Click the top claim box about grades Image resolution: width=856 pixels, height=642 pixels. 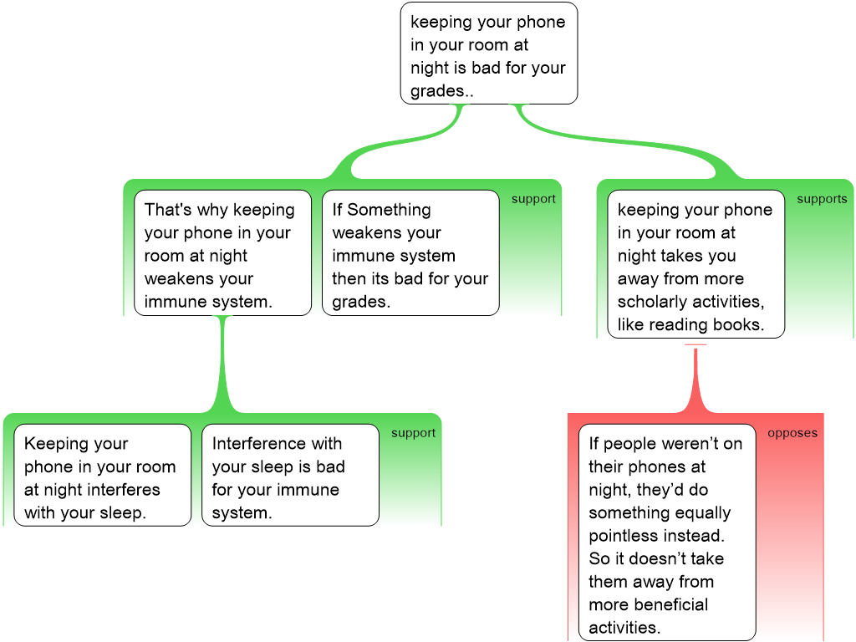pyautogui.click(x=488, y=53)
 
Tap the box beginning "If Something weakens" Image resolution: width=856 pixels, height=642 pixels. pyautogui.click(x=410, y=255)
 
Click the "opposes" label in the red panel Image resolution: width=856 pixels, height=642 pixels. pyautogui.click(x=792, y=433)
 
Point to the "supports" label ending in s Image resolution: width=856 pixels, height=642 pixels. pyautogui.click(x=821, y=199)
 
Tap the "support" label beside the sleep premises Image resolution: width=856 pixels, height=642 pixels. pyautogui.click(x=413, y=433)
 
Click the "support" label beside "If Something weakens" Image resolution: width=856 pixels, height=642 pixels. pyautogui.click(x=533, y=199)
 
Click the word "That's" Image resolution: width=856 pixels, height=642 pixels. pyautogui.click(x=168, y=210)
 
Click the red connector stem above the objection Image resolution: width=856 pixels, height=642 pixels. pyautogui.click(x=695, y=380)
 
